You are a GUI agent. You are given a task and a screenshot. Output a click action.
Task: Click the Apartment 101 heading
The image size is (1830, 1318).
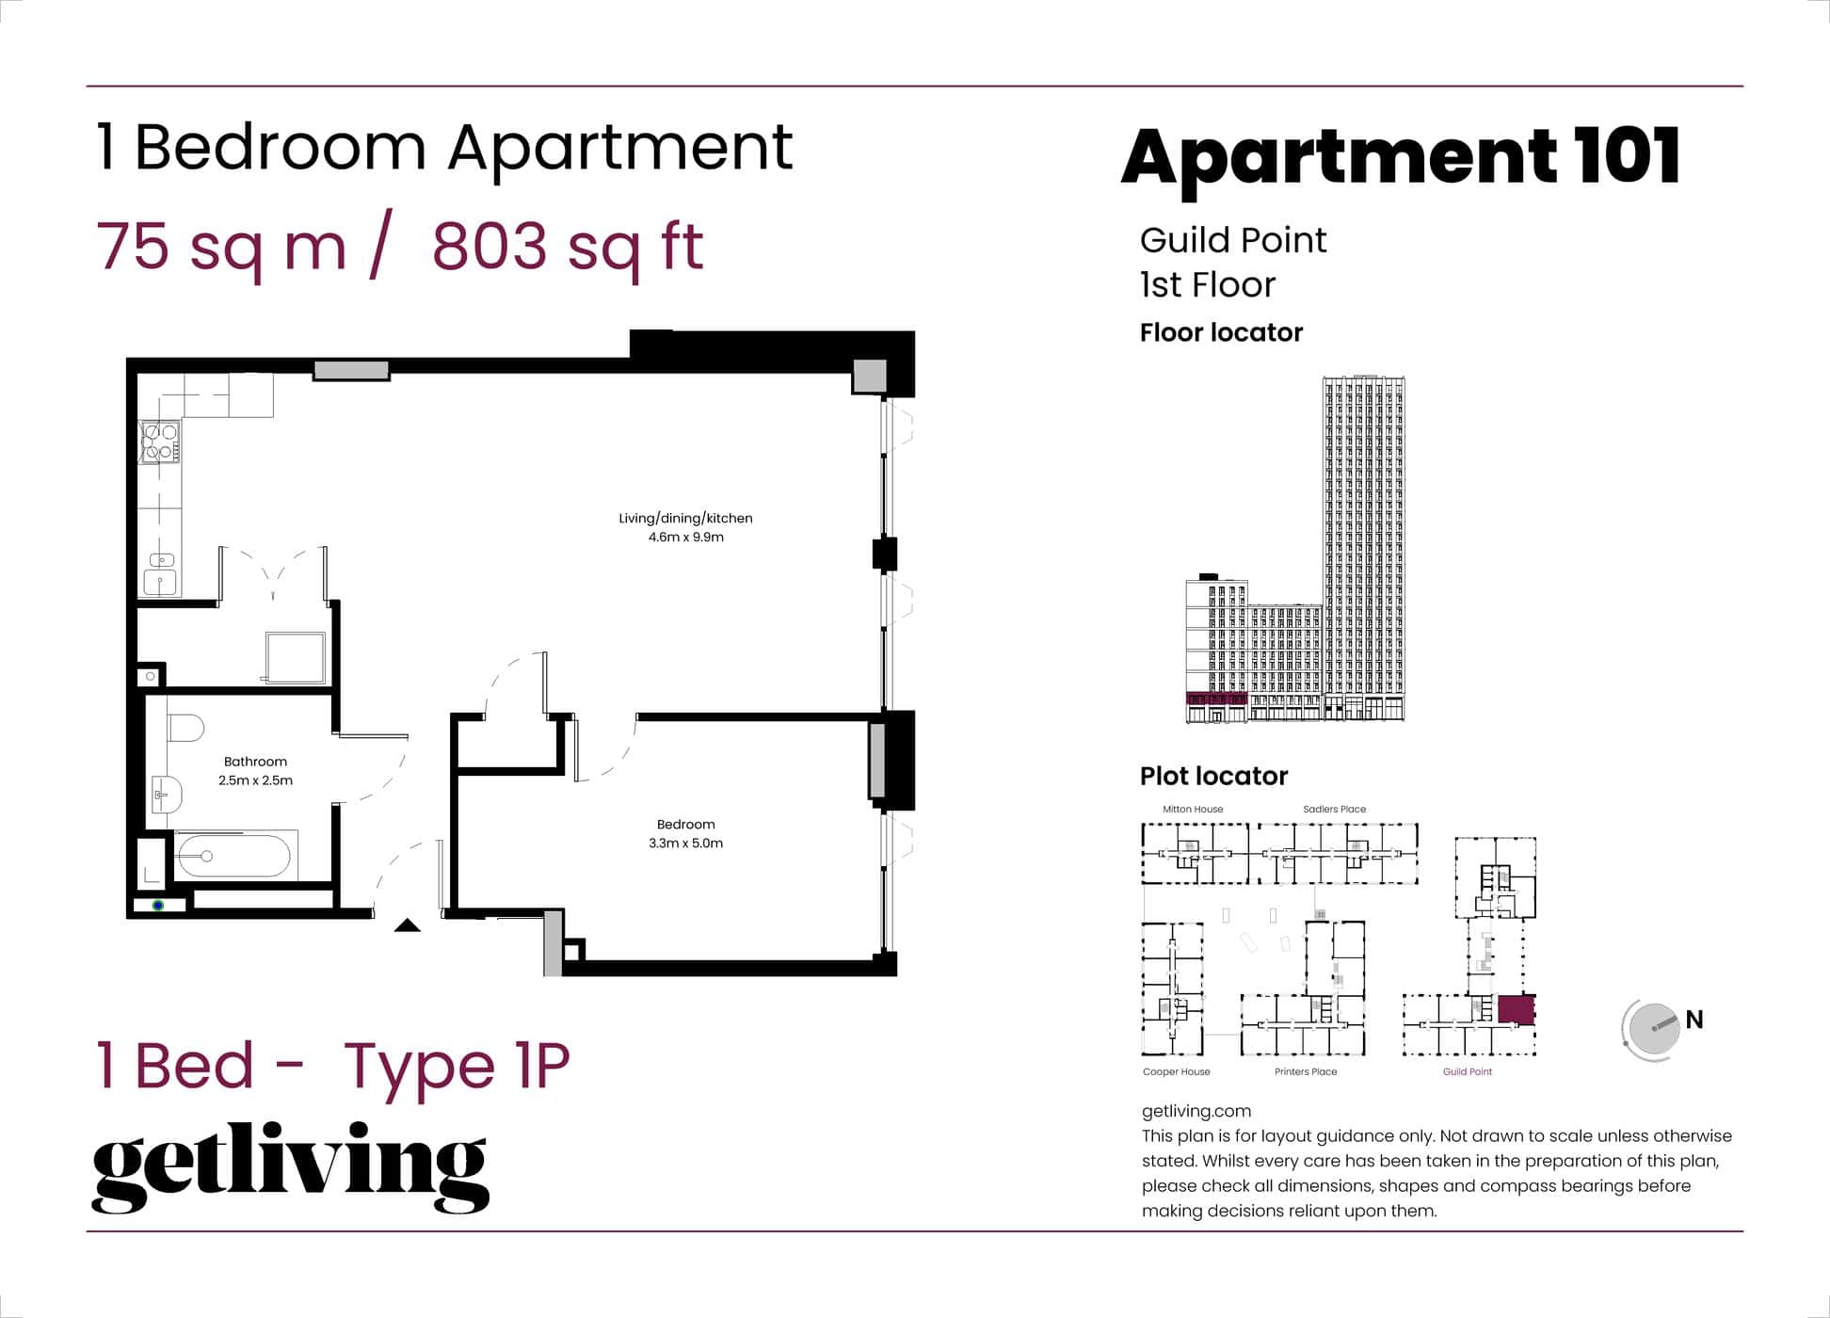coord(1400,156)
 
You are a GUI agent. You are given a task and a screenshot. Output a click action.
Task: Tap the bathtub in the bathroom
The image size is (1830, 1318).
coord(233,856)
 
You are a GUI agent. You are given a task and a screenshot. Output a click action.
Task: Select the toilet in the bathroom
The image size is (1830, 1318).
coord(186,728)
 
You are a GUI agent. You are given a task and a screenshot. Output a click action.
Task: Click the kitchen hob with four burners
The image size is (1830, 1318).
coord(159,442)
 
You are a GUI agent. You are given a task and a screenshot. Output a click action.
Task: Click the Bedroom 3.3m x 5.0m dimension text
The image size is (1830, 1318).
coord(685,844)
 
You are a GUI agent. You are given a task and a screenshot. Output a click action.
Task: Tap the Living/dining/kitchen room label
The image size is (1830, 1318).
coord(685,518)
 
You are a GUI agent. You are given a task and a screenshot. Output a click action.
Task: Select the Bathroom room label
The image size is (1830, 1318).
coord(255,762)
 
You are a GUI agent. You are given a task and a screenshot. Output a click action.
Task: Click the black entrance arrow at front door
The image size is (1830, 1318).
coord(407,925)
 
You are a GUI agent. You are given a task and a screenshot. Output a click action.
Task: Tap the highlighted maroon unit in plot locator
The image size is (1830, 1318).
coord(1516,1009)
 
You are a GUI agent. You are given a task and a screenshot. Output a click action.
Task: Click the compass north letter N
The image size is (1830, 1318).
coord(1694,1020)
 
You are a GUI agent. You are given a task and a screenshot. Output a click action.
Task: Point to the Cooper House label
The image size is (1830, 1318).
coord(1176,1071)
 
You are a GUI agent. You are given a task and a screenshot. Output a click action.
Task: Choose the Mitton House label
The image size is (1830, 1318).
coord(1193,809)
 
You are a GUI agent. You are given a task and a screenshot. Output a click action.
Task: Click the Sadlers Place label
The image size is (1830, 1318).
coord(1334,809)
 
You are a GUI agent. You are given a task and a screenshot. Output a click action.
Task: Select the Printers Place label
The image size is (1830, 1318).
coord(1306,1071)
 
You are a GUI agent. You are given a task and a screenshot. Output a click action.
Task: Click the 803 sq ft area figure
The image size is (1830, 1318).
coord(568,247)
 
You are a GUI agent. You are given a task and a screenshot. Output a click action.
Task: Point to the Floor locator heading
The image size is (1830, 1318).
coord(1221,332)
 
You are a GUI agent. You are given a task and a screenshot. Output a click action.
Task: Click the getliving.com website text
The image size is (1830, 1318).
coord(1196,1111)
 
